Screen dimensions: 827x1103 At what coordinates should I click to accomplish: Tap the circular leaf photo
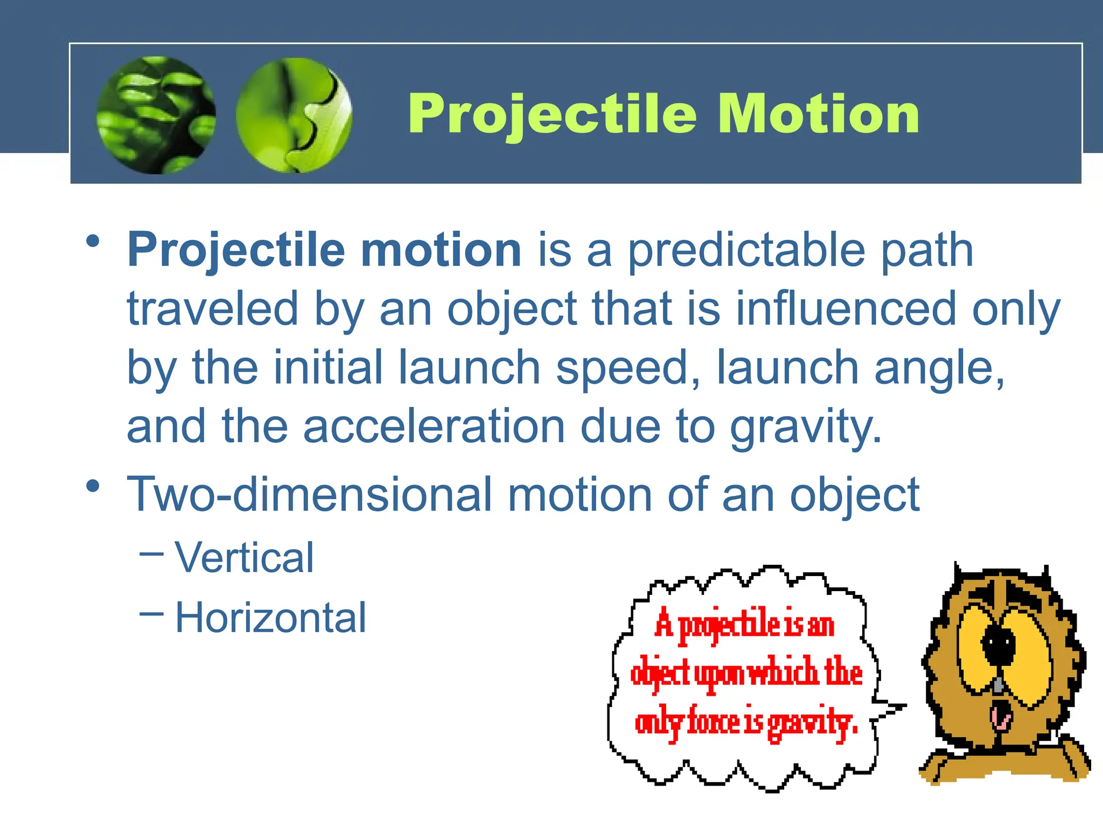pos(156,115)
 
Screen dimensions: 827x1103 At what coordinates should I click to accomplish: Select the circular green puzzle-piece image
pos(294,115)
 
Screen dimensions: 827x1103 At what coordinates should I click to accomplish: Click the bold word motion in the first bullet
pos(441,250)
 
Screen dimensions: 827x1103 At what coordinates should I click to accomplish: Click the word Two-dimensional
pos(310,494)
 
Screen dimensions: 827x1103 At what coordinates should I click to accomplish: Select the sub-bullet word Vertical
pos(245,557)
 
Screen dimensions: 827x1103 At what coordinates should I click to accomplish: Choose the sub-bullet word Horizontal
pos(271,618)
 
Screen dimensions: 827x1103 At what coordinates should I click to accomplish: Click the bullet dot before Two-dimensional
pos(93,486)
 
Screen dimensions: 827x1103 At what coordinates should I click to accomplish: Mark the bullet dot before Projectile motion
pos(93,241)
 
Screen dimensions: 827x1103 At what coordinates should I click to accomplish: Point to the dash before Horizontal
pos(151,613)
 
